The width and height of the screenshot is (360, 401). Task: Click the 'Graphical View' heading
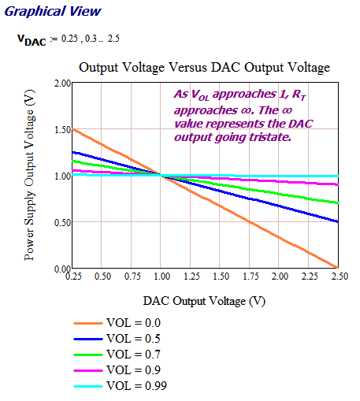click(52, 13)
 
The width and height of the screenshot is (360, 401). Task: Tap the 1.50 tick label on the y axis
click(61, 129)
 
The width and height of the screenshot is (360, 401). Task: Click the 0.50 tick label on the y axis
click(61, 222)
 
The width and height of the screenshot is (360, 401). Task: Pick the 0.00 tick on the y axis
click(61, 268)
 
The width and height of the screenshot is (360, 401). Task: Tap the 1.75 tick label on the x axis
click(247, 278)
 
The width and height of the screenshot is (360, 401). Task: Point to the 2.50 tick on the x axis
click(334, 278)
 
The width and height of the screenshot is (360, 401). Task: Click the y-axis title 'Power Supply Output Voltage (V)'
click(30, 176)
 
